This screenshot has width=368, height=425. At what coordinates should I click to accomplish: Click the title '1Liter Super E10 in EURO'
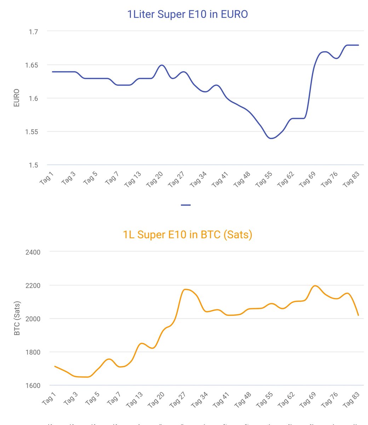(x=187, y=14)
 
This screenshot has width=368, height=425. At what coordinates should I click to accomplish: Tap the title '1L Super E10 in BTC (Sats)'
(x=187, y=234)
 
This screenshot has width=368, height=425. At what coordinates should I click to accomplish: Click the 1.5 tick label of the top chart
(x=33, y=165)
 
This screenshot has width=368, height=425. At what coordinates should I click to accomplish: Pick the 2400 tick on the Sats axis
(x=33, y=252)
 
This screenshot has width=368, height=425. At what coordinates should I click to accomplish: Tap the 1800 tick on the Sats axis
(x=33, y=352)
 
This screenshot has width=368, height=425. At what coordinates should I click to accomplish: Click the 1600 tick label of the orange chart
(x=33, y=385)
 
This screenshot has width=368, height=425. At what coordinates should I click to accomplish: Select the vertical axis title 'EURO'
(x=16, y=98)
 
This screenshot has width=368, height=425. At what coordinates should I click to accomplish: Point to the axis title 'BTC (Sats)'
(x=17, y=318)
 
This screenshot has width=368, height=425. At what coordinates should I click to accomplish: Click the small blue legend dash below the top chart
(x=185, y=205)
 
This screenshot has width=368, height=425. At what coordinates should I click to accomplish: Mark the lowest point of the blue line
(x=271, y=138)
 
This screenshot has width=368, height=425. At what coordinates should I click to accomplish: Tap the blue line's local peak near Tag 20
(x=162, y=65)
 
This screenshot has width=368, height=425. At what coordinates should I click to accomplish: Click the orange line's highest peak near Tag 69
(x=315, y=286)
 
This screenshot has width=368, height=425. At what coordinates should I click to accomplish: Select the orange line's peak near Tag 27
(x=186, y=289)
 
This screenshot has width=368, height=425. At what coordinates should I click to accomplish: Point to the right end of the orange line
(x=358, y=315)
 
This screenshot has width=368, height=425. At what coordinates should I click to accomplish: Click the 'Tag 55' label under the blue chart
(x=264, y=179)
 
